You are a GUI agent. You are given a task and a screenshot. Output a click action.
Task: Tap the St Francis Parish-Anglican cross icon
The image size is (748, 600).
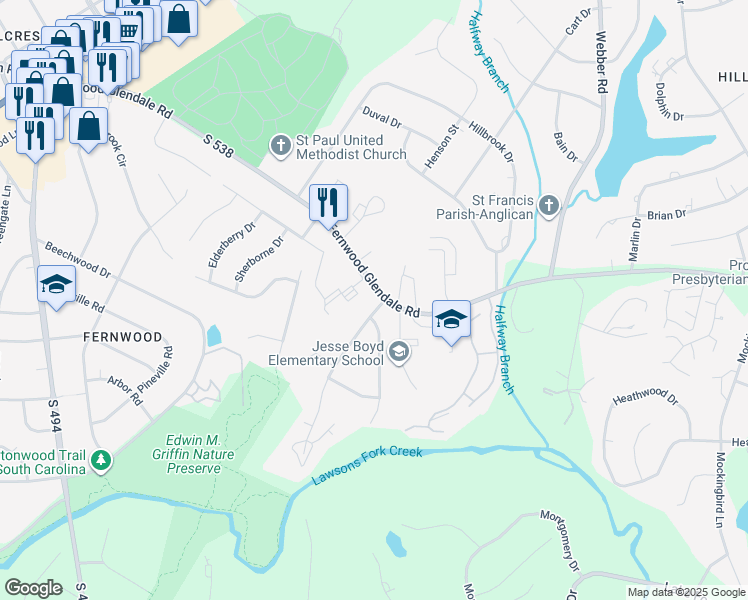[548, 205]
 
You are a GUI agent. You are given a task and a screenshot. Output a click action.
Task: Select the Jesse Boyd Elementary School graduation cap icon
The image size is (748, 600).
[399, 351]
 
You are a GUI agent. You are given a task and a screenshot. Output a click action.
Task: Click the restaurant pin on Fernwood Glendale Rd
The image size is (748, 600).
[328, 203]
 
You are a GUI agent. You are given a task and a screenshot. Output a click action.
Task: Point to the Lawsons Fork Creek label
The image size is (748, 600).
[367, 465]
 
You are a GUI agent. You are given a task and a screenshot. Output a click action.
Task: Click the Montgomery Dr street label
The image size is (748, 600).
[559, 544]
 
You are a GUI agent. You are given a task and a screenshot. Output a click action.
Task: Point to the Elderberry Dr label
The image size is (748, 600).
[219, 244]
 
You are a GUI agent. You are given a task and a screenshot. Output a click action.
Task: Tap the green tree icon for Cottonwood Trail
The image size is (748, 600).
[100, 460]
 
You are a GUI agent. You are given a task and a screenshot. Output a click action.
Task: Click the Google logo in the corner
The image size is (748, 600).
[33, 588]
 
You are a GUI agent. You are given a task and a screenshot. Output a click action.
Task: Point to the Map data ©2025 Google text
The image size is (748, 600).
[685, 592]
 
